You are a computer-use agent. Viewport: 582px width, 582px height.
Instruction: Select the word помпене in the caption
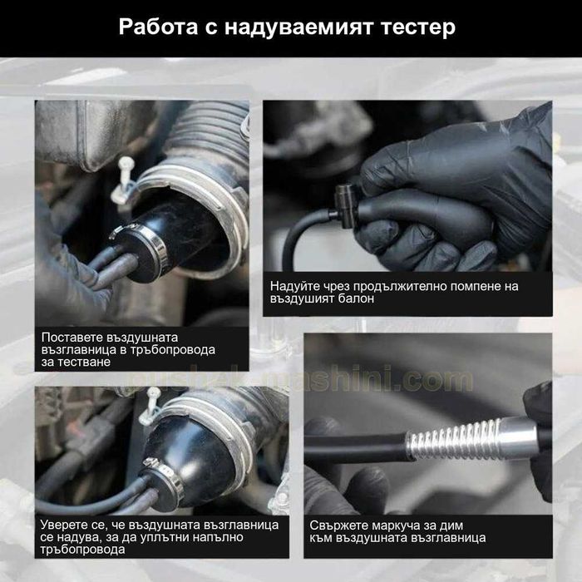[x=466, y=286]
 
